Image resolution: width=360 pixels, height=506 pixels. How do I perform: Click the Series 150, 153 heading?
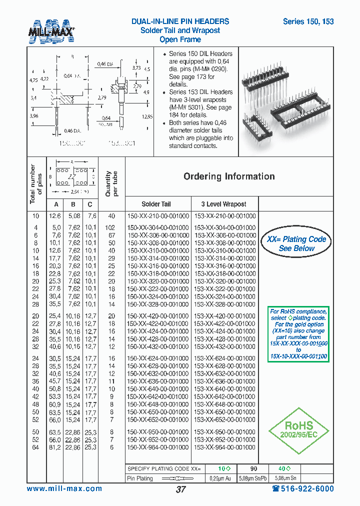tap(308, 21)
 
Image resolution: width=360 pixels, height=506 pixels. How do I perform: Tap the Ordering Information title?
tap(229, 176)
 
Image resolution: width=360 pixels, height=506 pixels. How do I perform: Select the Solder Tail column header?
tap(156, 204)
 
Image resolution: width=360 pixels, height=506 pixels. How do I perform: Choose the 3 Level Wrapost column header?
tap(223, 204)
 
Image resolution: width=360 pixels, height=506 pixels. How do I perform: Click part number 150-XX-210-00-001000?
tap(158, 216)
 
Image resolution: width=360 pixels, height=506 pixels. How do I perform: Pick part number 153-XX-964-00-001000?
tap(225, 447)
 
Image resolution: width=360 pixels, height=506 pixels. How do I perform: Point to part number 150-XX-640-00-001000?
tap(158, 389)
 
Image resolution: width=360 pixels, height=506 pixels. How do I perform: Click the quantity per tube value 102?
tap(111, 227)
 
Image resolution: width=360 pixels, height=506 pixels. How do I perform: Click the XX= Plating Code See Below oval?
tap(296, 243)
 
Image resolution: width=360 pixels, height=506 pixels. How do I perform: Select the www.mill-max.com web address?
tap(64, 488)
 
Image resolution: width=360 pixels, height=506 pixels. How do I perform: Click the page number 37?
tap(180, 489)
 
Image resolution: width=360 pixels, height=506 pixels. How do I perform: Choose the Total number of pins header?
tap(36, 183)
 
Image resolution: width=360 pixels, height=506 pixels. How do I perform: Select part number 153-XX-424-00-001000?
tap(225, 331)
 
